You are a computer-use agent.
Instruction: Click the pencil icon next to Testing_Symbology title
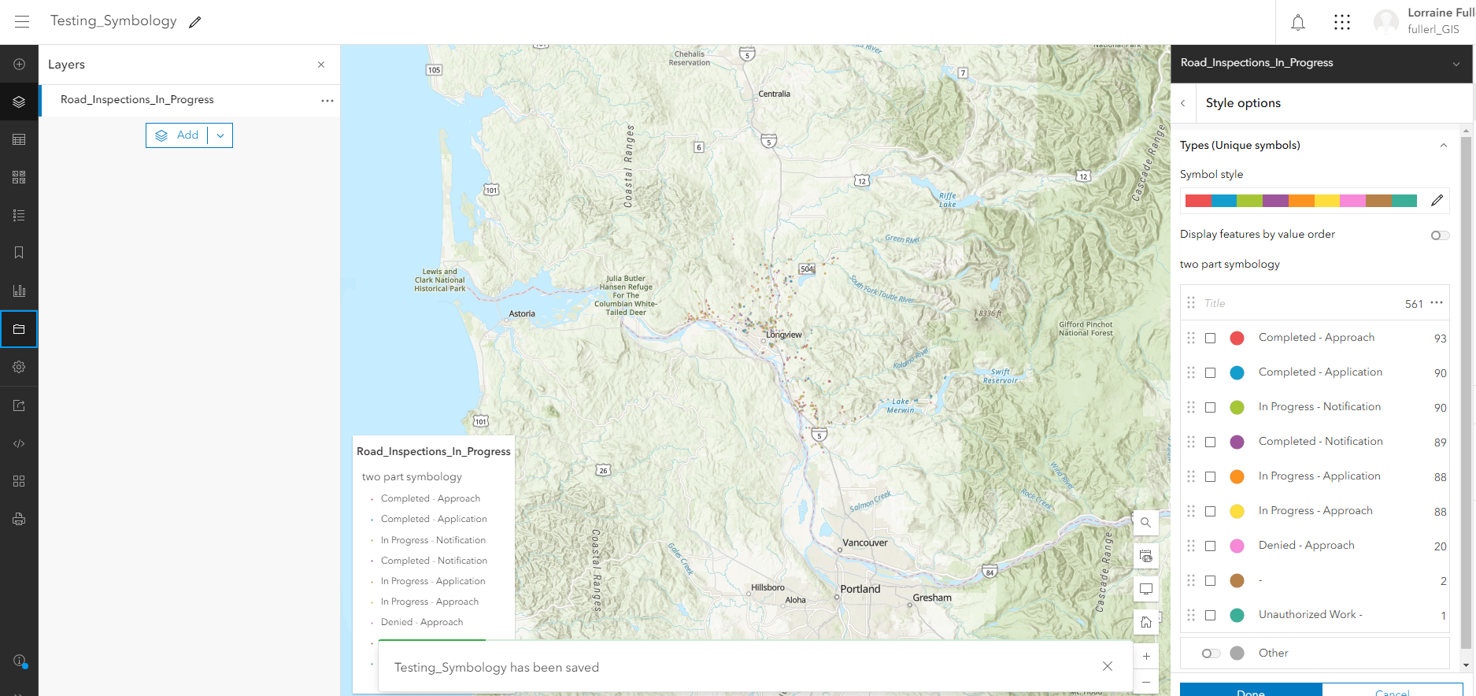(x=195, y=22)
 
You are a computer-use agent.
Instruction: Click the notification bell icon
(x=1298, y=23)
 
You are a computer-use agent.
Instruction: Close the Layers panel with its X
(x=321, y=65)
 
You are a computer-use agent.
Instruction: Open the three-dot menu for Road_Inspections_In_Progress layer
(x=327, y=101)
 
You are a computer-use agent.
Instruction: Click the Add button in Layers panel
(x=178, y=135)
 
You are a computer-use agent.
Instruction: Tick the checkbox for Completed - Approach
(x=1211, y=339)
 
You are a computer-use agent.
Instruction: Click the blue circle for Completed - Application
(x=1237, y=373)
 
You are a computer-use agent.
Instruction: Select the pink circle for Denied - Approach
(x=1237, y=546)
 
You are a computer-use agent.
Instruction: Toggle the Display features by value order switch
(x=1439, y=235)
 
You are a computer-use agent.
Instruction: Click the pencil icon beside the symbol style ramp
(x=1437, y=201)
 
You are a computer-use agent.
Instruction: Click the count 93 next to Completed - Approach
(x=1440, y=339)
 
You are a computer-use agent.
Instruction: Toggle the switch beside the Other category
(x=1211, y=653)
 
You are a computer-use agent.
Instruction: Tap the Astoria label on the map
(x=522, y=314)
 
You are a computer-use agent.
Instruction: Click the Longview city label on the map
(x=784, y=335)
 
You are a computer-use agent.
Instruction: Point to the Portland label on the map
(x=860, y=589)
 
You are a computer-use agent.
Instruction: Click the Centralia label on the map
(x=774, y=94)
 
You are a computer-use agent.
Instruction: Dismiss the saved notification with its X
(x=1108, y=666)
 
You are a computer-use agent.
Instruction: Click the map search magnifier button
(x=1146, y=522)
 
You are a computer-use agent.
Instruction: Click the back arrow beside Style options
(x=1183, y=103)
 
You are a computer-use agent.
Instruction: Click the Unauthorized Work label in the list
(x=1310, y=615)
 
